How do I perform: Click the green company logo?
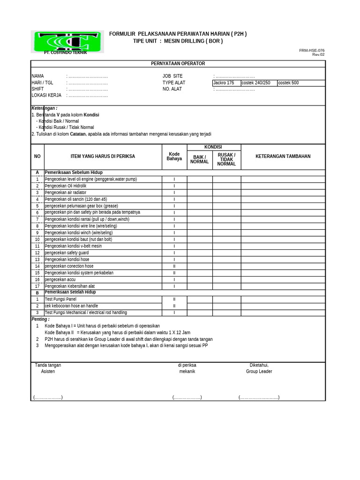(x=67, y=41)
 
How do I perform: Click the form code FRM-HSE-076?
(x=312, y=50)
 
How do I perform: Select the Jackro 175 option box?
(x=226, y=83)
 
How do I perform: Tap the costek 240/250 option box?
(x=259, y=83)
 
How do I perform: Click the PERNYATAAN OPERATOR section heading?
(x=178, y=64)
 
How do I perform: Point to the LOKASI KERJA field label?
(x=46, y=96)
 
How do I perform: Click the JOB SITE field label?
(x=172, y=76)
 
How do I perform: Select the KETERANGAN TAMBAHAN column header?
(x=283, y=157)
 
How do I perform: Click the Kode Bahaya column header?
(x=174, y=157)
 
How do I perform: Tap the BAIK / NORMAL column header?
(x=199, y=159)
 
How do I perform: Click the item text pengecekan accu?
(x=60, y=279)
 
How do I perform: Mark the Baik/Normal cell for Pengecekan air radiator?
(x=200, y=193)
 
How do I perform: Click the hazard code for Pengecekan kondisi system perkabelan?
(x=174, y=273)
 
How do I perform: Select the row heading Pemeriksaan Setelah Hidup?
(x=70, y=292)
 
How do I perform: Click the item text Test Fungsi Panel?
(x=60, y=299)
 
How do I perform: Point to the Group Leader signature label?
(x=259, y=371)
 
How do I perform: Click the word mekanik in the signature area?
(x=187, y=371)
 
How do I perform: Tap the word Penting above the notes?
(x=40, y=319)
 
